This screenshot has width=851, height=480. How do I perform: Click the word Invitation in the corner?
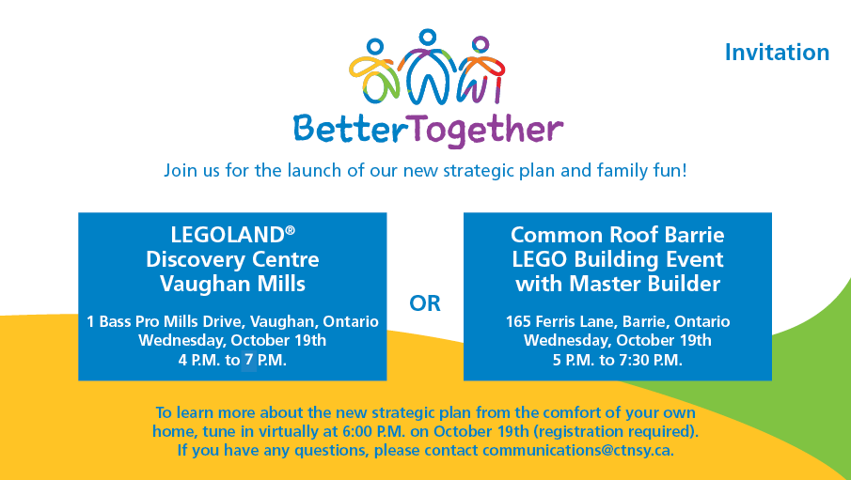(777, 53)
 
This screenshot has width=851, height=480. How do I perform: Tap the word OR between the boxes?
(425, 303)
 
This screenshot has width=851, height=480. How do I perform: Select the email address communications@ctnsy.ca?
(577, 450)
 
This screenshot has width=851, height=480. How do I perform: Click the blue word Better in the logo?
(341, 128)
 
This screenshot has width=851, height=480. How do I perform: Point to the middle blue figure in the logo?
(429, 70)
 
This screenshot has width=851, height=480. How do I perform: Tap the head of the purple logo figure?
(481, 44)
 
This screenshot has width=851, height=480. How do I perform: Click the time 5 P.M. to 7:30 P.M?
(617, 359)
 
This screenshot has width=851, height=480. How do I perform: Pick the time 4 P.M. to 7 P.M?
(232, 359)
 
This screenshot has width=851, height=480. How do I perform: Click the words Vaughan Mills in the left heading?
(232, 283)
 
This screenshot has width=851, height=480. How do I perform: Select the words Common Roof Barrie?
(617, 235)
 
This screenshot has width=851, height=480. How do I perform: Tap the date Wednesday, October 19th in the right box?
(617, 340)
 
